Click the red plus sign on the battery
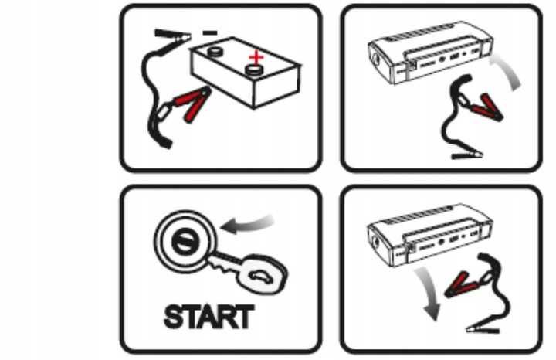click(256, 57)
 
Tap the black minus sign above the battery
click(210, 33)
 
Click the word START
click(208, 317)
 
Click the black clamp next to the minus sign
click(172, 36)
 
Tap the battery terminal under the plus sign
click(254, 70)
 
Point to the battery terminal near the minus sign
click(214, 52)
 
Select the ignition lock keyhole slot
click(184, 242)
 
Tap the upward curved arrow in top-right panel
click(507, 70)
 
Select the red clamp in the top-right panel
click(485, 107)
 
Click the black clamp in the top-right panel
click(467, 155)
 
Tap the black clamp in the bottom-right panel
click(482, 330)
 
